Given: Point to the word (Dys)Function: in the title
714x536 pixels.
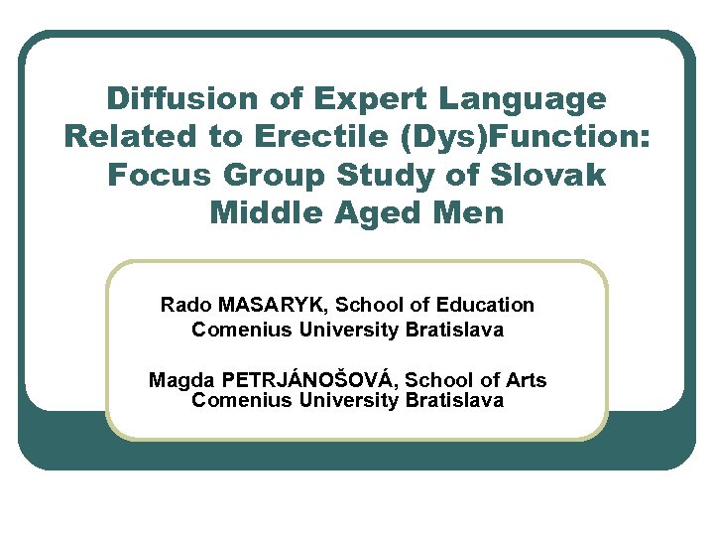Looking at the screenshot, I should coord(526,138).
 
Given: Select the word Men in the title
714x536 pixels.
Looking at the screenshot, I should coord(470,212).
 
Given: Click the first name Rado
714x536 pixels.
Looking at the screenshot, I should coord(184,305).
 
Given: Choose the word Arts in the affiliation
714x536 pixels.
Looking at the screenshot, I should coord(524,380).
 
